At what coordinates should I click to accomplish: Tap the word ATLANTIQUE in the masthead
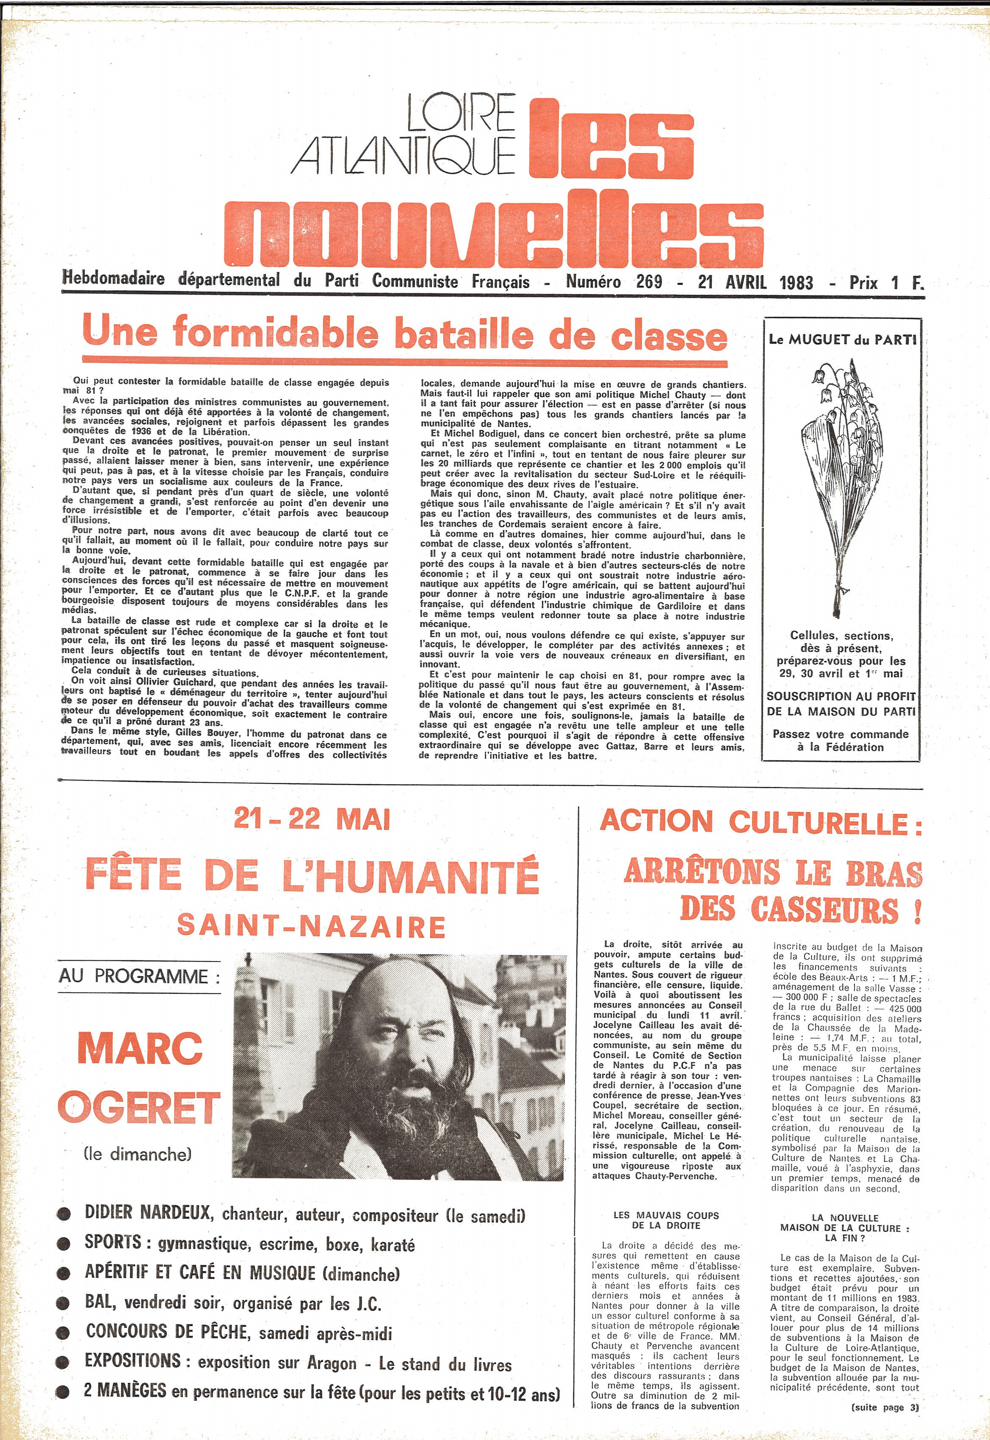(403, 155)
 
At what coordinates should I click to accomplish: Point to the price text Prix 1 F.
(886, 283)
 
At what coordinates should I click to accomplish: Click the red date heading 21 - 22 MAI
(312, 820)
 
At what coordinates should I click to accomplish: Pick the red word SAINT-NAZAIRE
(311, 926)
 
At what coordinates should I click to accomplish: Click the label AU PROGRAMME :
(140, 976)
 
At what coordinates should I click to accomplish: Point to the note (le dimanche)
(137, 1154)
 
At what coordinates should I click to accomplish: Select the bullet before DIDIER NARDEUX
(63, 1216)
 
